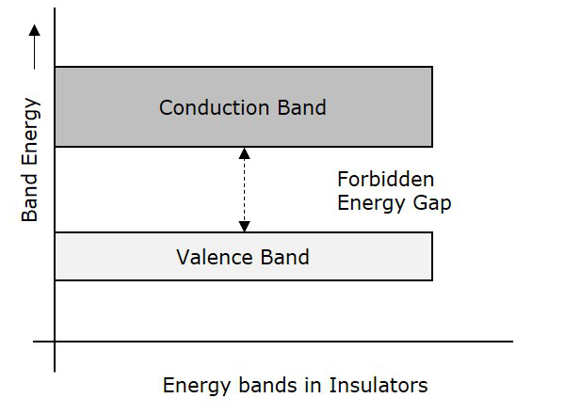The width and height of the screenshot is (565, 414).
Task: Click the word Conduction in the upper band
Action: (x=204, y=107)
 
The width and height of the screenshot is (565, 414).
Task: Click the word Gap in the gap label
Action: (x=431, y=202)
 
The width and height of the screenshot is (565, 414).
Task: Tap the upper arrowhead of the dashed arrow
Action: (x=244, y=152)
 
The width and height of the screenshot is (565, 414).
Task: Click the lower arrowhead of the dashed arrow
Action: (x=244, y=226)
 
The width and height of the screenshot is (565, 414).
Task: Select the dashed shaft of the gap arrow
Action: (x=244, y=189)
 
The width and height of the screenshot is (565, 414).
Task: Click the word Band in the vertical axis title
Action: (x=30, y=199)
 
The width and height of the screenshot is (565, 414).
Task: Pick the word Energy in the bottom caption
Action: (x=195, y=385)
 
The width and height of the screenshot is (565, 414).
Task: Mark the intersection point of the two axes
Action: (x=55, y=341)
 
